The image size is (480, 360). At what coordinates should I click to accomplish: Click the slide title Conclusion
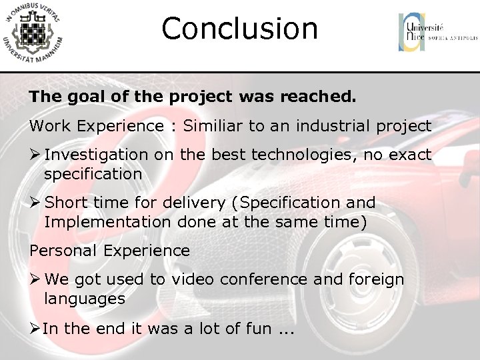[239, 29]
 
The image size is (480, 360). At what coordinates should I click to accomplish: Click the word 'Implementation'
[107, 221]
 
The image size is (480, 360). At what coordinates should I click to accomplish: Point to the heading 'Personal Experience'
[109, 251]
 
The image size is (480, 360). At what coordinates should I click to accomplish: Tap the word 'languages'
[85, 299]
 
